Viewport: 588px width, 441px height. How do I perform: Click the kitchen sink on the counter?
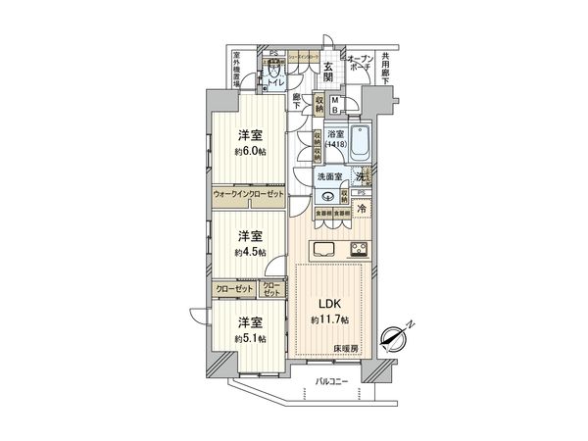tap(325, 247)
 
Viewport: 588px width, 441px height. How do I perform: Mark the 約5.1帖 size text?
tap(251, 338)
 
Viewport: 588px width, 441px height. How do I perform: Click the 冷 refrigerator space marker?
tap(362, 210)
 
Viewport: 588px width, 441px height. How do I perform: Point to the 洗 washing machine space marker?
tap(363, 177)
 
